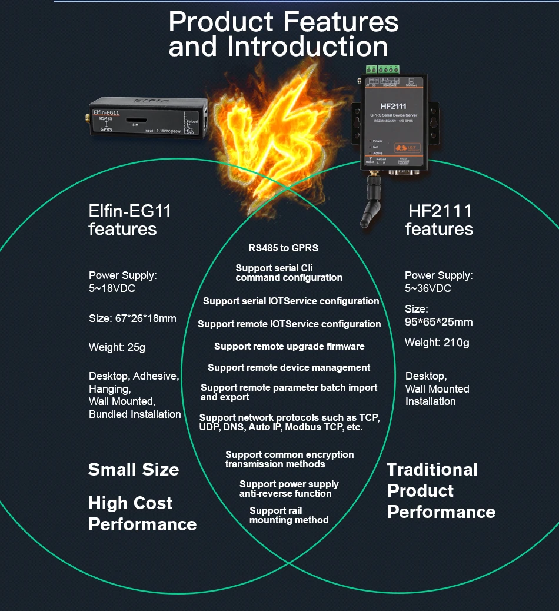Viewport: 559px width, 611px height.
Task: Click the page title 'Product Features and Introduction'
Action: pos(283,34)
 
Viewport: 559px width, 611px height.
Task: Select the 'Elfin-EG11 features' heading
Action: pos(129,220)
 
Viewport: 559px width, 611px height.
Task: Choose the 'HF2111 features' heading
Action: pos(439,220)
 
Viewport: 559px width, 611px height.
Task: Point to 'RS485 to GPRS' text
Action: pos(283,248)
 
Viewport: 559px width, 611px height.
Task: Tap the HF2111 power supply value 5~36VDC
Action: pos(428,288)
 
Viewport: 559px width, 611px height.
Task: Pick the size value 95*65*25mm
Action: pos(438,322)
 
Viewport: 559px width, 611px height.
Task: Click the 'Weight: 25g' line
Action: pos(117,347)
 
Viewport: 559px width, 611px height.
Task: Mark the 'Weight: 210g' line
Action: pos(437,343)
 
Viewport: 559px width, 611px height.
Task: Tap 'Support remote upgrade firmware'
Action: pos(289,346)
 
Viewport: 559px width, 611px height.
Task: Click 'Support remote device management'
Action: pos(289,367)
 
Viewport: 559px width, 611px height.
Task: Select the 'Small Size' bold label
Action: pos(133,469)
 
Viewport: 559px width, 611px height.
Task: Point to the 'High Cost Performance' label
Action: pos(142,513)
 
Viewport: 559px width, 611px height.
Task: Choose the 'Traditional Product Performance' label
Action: pos(440,490)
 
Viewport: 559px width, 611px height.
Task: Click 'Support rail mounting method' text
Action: pos(288,515)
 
